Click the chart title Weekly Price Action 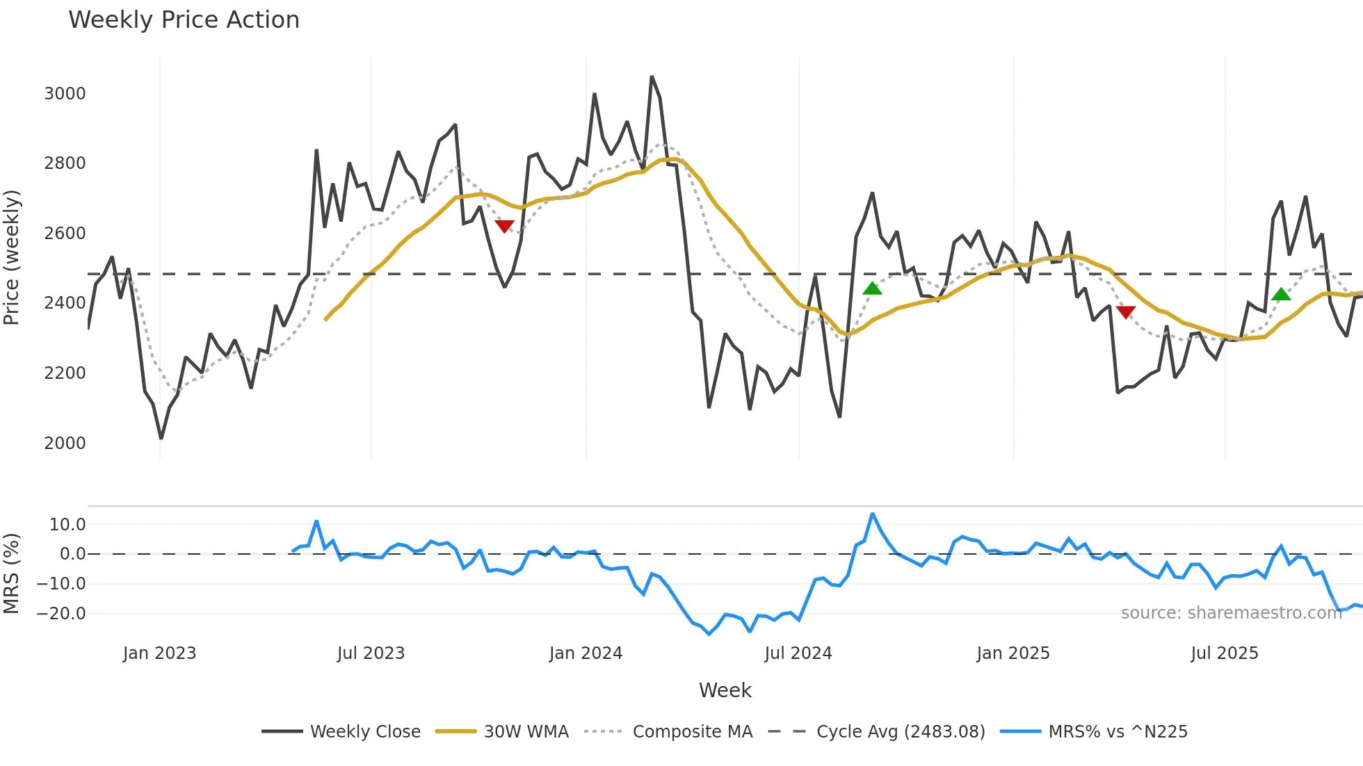(184, 19)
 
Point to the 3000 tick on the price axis (65, 94)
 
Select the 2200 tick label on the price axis (65, 373)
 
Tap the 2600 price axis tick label (65, 234)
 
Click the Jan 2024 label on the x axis (586, 653)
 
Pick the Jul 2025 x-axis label (1224, 653)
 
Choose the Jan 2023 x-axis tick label (159, 653)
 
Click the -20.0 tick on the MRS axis (61, 614)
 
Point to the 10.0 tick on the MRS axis (67, 525)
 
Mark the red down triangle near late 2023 (504, 226)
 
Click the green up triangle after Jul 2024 (872, 288)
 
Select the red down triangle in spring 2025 (1125, 311)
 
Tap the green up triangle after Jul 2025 (1281, 295)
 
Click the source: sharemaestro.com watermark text (1231, 613)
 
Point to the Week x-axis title (725, 690)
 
